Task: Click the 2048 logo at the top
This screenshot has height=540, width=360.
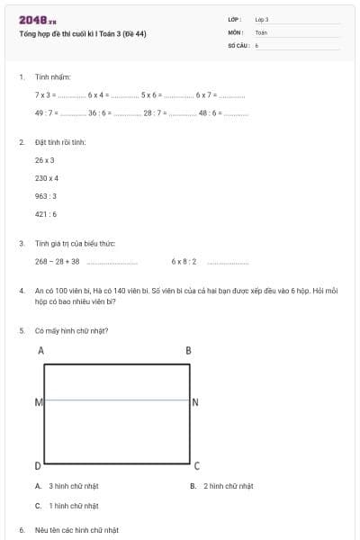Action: click(x=37, y=20)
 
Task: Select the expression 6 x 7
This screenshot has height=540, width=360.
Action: click(x=206, y=94)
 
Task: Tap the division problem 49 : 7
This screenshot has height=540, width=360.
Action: click(x=47, y=113)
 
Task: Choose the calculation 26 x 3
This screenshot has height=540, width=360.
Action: click(x=45, y=160)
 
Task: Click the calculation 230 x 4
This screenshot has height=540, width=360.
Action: click(x=47, y=178)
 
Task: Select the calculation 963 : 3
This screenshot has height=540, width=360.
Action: click(x=46, y=196)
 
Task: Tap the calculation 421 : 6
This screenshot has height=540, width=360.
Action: click(x=46, y=214)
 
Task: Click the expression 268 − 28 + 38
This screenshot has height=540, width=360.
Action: click(x=58, y=262)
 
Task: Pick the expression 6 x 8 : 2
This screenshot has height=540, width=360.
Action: click(x=184, y=262)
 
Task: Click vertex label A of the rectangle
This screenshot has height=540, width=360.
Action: click(x=40, y=350)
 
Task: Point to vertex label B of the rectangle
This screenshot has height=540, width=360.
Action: click(x=188, y=350)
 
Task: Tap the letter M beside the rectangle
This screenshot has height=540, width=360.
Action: click(x=38, y=401)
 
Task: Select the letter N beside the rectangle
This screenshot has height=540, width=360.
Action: click(x=194, y=401)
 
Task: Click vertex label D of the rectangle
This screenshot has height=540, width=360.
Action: click(x=38, y=465)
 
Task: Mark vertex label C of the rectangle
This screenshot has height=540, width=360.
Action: click(x=195, y=465)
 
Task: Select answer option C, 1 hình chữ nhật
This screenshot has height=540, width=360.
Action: click(x=67, y=506)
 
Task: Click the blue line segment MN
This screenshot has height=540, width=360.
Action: click(x=117, y=400)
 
